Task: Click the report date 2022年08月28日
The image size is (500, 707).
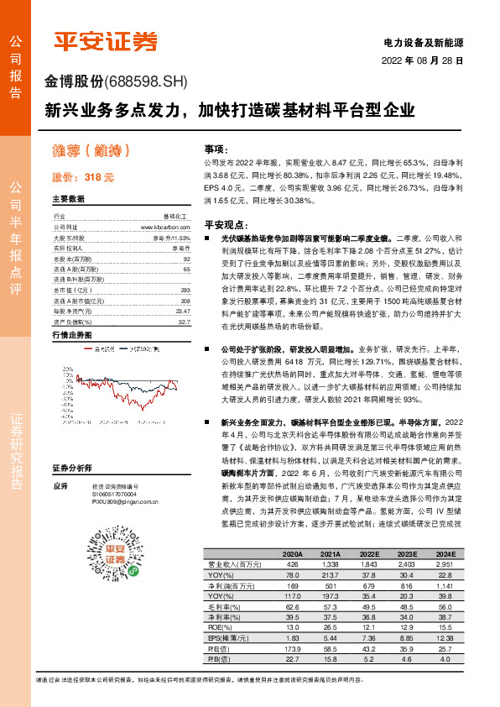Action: coord(423,61)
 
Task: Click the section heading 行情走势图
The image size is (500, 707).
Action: coord(71,335)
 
